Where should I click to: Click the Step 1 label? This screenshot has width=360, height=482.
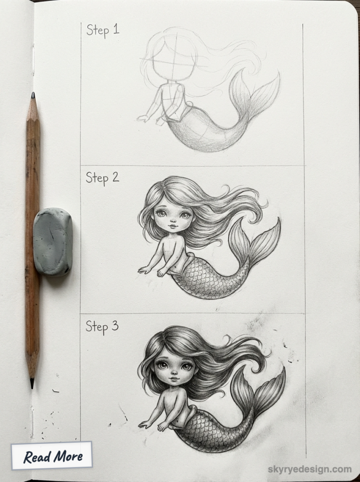[x=103, y=30]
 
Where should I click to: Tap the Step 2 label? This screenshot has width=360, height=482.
[x=102, y=178]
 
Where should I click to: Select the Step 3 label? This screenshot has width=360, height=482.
[x=102, y=326]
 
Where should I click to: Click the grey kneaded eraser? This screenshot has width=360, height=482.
[x=52, y=241]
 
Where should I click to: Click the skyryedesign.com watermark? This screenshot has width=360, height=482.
[x=310, y=469]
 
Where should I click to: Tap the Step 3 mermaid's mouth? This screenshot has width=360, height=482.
[x=174, y=378]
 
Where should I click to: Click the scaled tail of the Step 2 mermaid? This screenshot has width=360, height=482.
[x=202, y=280]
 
